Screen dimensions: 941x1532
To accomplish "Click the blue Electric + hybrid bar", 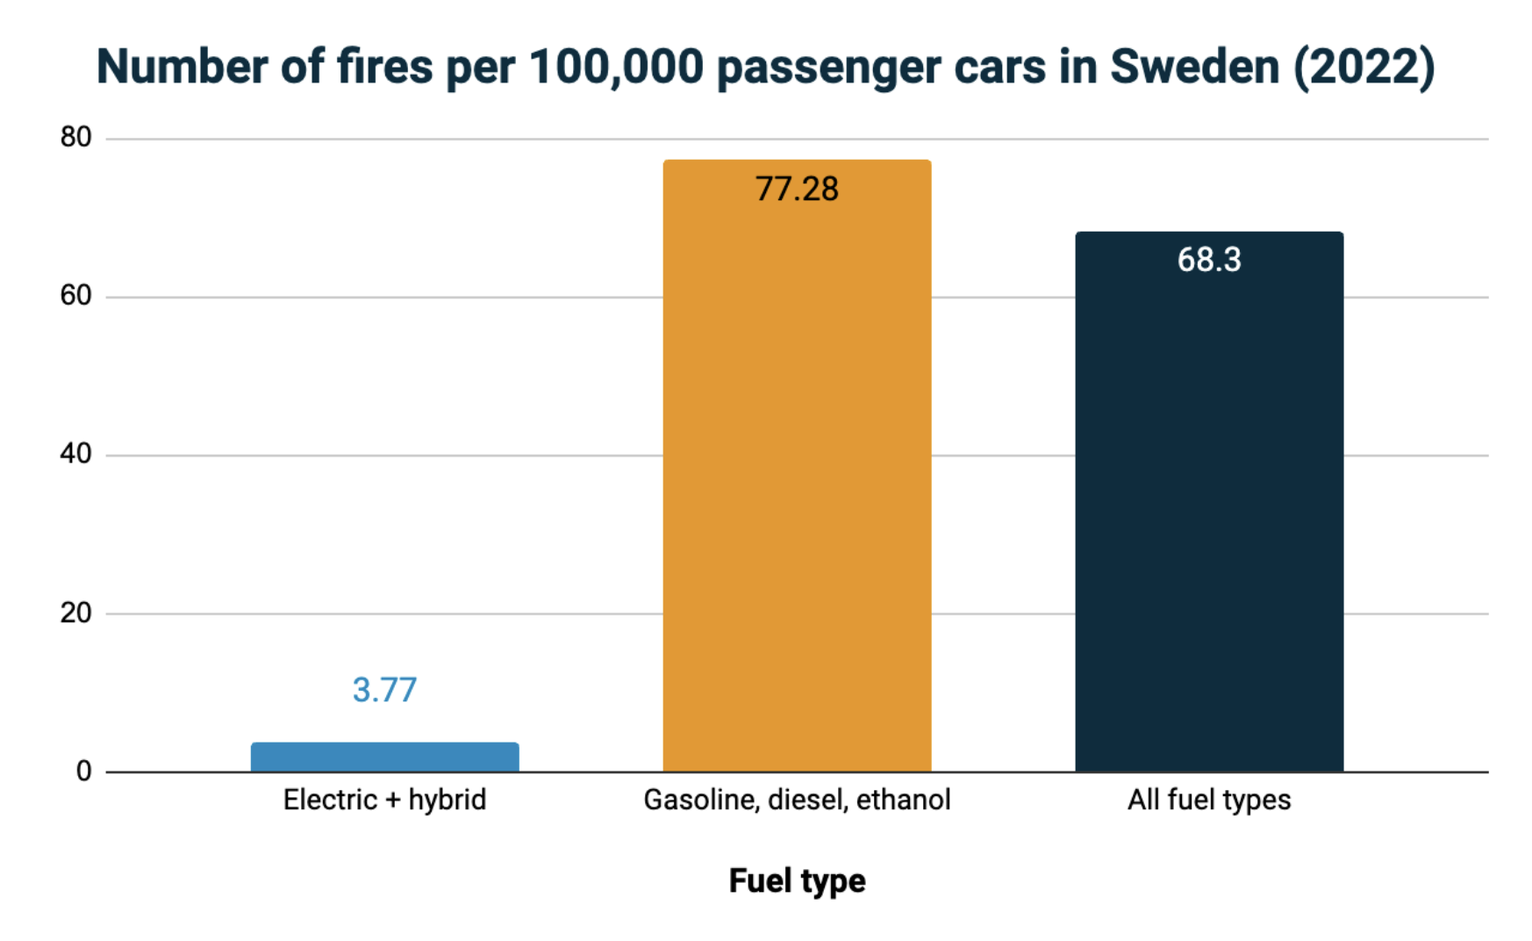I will tap(384, 757).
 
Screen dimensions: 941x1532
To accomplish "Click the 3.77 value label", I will tap(384, 690).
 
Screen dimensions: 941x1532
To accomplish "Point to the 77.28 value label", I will tap(797, 189).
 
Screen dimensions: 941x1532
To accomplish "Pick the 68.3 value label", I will tap(1209, 260).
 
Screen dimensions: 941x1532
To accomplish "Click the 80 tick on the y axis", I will tap(75, 137).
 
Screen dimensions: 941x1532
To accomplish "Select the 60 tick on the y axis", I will tap(75, 296).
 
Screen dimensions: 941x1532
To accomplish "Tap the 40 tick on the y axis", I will tap(75, 454).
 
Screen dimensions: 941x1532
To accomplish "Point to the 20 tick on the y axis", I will tap(75, 613).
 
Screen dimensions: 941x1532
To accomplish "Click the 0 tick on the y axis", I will tap(83, 771).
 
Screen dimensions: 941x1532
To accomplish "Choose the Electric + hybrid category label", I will tap(384, 800).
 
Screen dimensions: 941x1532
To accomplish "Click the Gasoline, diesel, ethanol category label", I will tap(797, 800).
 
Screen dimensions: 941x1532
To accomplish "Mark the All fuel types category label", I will tap(1209, 800).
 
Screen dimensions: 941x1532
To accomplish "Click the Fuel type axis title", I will tap(797, 880).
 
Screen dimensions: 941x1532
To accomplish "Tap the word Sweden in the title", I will tap(1194, 67).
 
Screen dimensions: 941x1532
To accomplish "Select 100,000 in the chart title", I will tap(616, 67).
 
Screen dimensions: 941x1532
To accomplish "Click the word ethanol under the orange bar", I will tap(903, 800).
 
